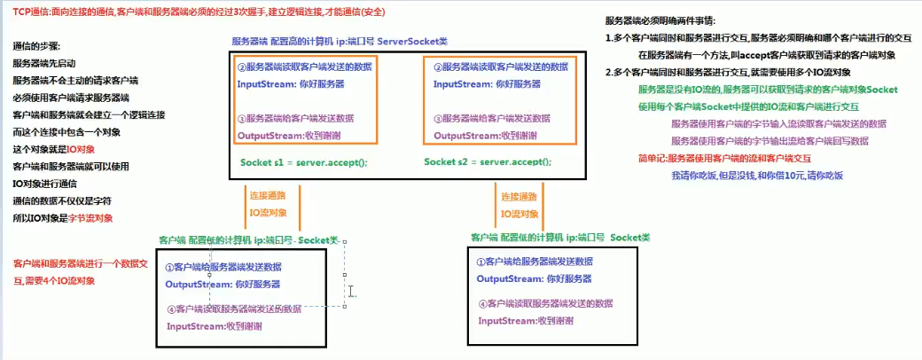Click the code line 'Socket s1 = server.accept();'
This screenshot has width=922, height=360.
303,163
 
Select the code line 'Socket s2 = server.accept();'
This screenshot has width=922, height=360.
487,162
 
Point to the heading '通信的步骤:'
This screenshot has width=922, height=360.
37,47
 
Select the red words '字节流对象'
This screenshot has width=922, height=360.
90,218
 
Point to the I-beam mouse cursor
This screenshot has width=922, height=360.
351,291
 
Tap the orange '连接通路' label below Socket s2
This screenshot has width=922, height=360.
518,197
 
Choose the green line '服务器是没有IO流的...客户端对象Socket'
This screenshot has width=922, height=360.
768,90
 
